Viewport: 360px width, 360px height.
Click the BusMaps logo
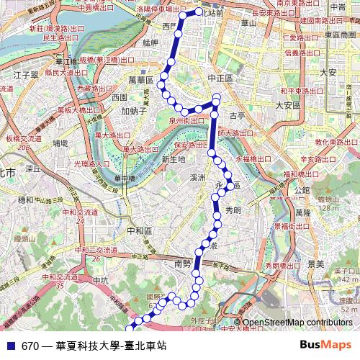tap(328, 345)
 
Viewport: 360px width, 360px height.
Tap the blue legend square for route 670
tap(9, 346)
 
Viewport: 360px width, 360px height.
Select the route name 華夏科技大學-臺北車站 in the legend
tap(106, 346)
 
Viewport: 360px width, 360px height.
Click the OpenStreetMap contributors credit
tap(297, 323)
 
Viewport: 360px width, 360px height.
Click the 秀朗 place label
tap(233, 210)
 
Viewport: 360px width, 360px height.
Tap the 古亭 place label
tap(237, 115)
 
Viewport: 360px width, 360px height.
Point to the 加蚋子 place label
tap(134, 112)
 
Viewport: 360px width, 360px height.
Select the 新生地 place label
tap(174, 159)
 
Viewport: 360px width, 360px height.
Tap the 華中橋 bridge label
tap(125, 178)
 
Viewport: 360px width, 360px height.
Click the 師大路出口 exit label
tap(236, 133)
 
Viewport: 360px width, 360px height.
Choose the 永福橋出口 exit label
tap(253, 158)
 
